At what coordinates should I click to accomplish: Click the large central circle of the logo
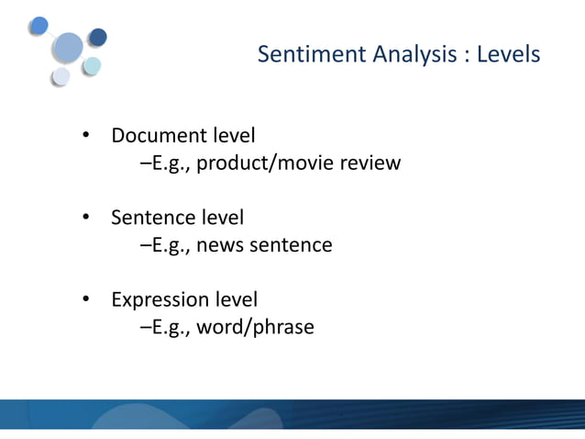click(x=69, y=47)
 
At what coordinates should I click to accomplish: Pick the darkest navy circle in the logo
click(x=97, y=38)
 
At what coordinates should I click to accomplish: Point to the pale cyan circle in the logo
click(x=93, y=65)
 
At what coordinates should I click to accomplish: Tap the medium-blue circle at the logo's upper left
click(x=39, y=25)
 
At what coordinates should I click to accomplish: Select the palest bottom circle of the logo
click(x=61, y=77)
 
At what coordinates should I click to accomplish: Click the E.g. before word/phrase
click(x=164, y=327)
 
